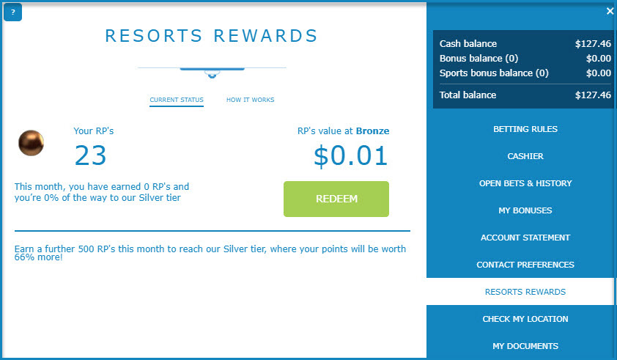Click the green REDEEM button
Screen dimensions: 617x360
pyautogui.click(x=336, y=199)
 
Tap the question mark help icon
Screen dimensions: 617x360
pyautogui.click(x=12, y=12)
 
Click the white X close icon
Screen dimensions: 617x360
pyautogui.click(x=610, y=11)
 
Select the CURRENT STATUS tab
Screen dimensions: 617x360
pyautogui.click(x=177, y=100)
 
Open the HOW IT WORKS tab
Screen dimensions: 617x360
pyautogui.click(x=251, y=100)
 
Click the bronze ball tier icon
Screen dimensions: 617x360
pyautogui.click(x=31, y=143)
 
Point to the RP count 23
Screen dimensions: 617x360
pyautogui.click(x=91, y=155)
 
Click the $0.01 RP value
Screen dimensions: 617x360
pyautogui.click(x=350, y=155)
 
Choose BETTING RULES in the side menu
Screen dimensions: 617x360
pyautogui.click(x=525, y=129)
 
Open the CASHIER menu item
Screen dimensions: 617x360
pyautogui.click(x=525, y=156)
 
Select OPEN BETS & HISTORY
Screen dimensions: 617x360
pyautogui.click(x=525, y=183)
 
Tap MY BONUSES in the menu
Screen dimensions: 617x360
pyautogui.click(x=525, y=210)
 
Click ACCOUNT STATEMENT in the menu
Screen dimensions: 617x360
pyautogui.click(x=525, y=238)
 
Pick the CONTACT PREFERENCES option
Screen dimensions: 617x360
pyautogui.click(x=525, y=265)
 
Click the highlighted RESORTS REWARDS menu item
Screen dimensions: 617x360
pyautogui.click(x=525, y=292)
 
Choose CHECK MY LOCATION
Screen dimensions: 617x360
pyautogui.click(x=525, y=319)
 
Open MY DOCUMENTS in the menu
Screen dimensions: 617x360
pyautogui.click(x=525, y=346)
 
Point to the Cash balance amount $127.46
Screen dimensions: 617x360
pyautogui.click(x=593, y=44)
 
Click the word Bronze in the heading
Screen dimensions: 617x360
pyautogui.click(x=373, y=131)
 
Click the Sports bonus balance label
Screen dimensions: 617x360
pyautogui.click(x=494, y=73)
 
